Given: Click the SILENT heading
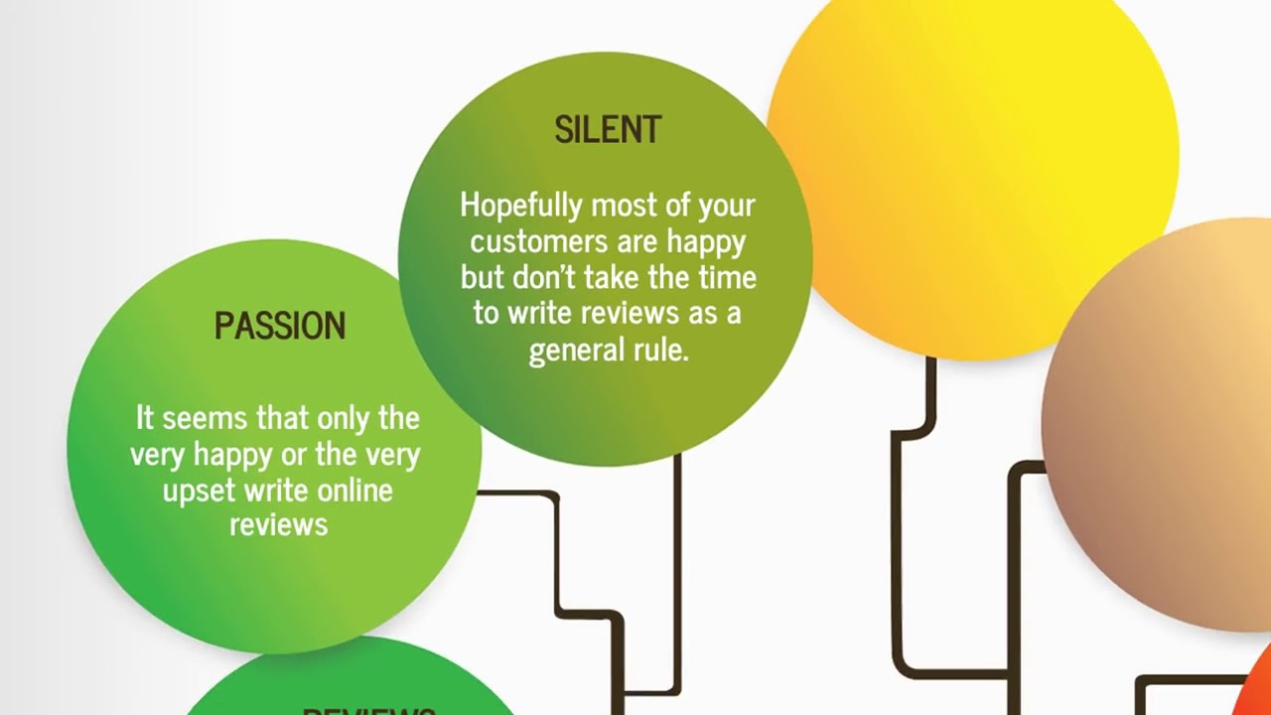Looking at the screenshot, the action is coord(608,130).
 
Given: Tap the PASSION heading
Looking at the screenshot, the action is coord(280,327).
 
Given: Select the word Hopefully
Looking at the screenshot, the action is coord(521,206).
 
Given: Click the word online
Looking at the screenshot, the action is coord(354,490).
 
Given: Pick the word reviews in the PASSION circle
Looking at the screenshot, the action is coord(279,524).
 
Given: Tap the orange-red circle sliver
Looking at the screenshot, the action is coord(1255,685).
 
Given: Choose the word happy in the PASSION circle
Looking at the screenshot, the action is coord(231,454).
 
